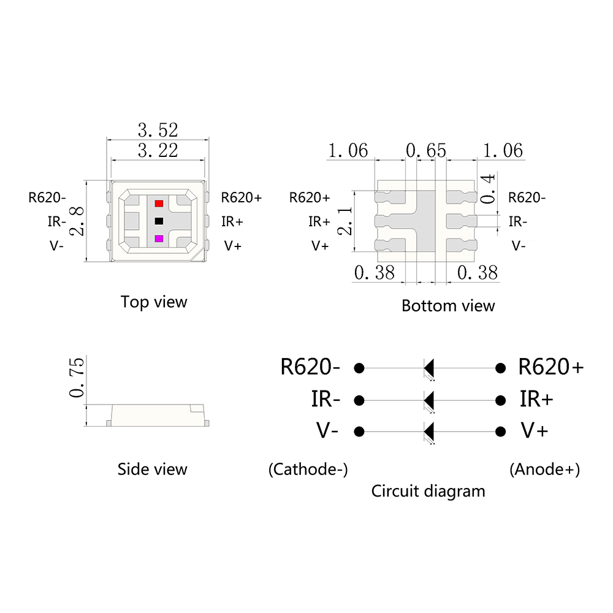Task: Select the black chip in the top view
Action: pos(159,221)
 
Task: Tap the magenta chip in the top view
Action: pos(159,238)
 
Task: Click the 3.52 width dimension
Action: pos(158,130)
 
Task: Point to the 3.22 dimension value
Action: pos(158,150)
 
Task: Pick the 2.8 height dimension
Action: pos(77,221)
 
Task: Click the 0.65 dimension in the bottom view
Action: pos(425,150)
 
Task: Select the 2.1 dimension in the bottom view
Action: pos(345,221)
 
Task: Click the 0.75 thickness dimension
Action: pos(77,378)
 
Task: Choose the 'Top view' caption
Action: pos(154,302)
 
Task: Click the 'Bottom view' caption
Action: pos(448,306)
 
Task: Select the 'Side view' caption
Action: pos(152,470)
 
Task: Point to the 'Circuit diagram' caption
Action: pos(428,491)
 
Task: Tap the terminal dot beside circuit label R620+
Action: pos(501,368)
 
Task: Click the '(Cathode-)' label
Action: pos(308,470)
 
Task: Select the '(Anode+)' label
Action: pos(544,470)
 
